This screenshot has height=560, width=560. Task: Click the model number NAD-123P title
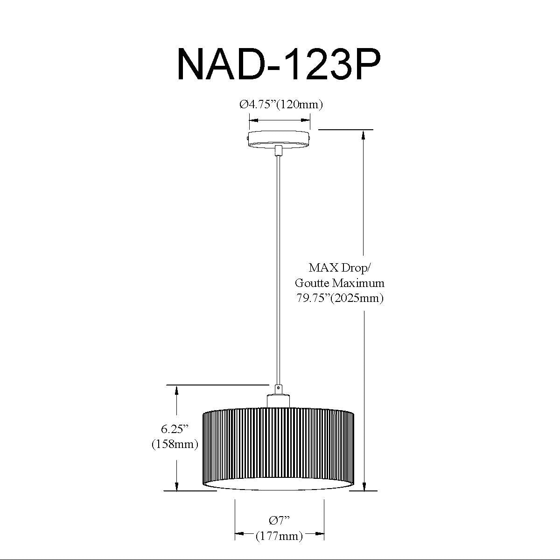(279, 64)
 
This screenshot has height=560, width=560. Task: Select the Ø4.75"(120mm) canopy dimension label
(281, 105)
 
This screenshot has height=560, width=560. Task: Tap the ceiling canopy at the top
(279, 138)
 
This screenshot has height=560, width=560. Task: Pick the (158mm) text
(175, 444)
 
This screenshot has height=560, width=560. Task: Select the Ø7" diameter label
(280, 520)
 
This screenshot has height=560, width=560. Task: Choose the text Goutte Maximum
(340, 283)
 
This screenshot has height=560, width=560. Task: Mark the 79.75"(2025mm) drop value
(340, 298)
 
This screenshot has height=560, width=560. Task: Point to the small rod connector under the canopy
(279, 150)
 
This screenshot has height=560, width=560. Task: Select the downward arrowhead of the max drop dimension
(364, 486)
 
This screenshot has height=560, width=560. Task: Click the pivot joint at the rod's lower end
(278, 388)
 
